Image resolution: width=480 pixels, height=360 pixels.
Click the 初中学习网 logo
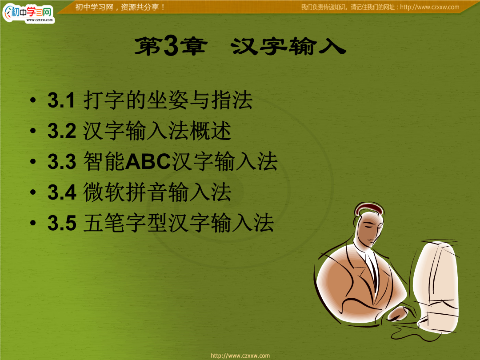28,13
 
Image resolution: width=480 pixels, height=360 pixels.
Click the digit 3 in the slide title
171,45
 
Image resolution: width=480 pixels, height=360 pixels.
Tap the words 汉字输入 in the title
288,46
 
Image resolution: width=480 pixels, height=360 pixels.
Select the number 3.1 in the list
61,100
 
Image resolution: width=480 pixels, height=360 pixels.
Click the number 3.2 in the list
62,131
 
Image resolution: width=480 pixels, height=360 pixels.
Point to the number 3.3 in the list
62,161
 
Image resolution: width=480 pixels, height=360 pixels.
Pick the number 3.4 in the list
62,192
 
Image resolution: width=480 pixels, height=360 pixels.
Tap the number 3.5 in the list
62,223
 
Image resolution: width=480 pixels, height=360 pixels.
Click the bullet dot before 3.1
33,100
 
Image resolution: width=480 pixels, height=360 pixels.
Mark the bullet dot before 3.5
33,222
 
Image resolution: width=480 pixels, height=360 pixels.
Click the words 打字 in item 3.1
104,100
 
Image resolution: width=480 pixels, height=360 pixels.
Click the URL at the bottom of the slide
240,356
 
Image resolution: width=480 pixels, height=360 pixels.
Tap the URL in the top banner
429,7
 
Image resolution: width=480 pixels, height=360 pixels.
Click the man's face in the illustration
369,228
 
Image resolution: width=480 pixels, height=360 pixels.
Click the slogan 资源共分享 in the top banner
140,7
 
